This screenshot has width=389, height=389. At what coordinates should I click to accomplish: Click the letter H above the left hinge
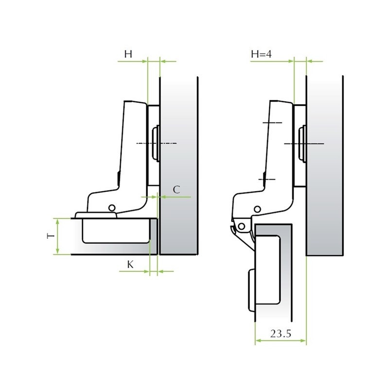[127, 54]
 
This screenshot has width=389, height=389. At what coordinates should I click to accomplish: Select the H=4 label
[261, 54]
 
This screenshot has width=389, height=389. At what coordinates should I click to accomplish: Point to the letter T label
[50, 236]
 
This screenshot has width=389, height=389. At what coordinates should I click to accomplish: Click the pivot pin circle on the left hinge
[112, 208]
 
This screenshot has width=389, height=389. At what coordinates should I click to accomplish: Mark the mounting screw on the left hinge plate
[156, 143]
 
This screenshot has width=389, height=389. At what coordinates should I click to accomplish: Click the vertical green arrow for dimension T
[58, 236]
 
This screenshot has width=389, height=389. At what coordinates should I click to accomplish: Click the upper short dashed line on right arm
[271, 123]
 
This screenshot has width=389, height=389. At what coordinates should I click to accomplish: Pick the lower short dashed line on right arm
[267, 180]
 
